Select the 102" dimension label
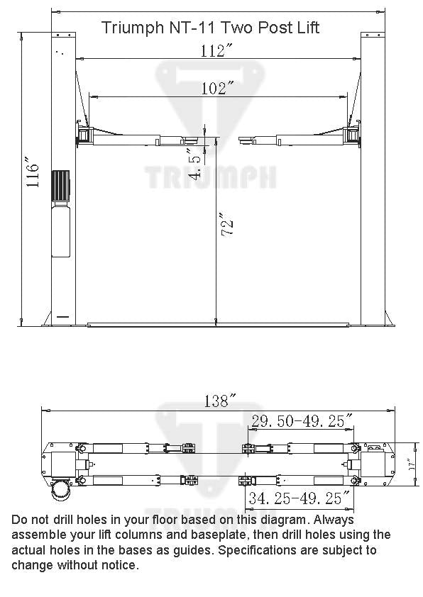[x=217, y=88]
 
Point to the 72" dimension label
[x=226, y=225]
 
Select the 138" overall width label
[x=219, y=401]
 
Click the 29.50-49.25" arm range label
[x=302, y=421]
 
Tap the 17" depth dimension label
[x=412, y=465]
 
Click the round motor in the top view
[x=61, y=490]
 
